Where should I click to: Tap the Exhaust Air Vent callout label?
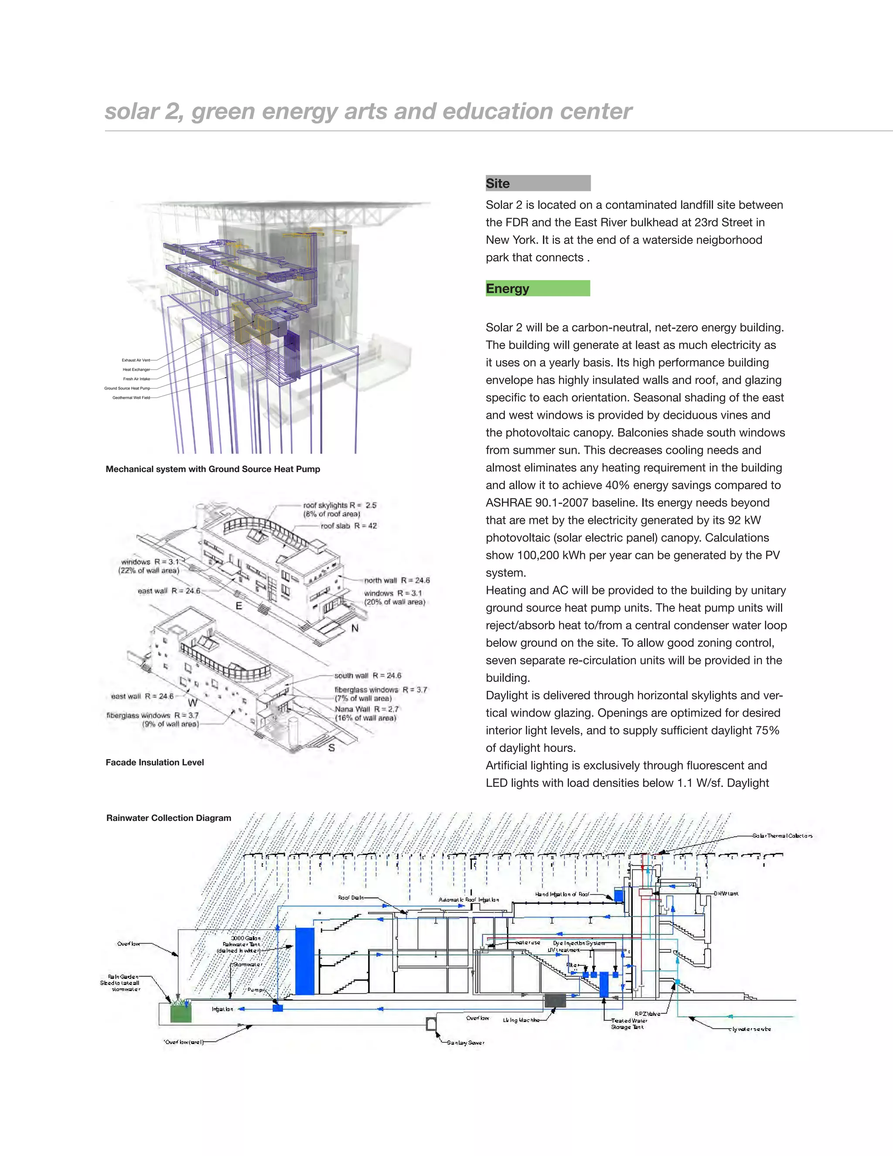tap(136, 360)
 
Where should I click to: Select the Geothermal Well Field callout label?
tap(131, 397)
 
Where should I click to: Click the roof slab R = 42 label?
tap(349, 526)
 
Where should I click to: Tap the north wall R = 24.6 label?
tap(397, 580)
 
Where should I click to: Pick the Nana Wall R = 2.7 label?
tap(367, 709)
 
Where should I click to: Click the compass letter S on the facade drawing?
tap(332, 747)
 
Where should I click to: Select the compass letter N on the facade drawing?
tap(355, 628)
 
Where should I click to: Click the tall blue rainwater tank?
tap(304, 961)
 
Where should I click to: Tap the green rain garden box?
tap(181, 1014)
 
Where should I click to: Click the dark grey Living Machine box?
tap(555, 1000)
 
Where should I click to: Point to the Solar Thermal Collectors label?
tap(782, 836)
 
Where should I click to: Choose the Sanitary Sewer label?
tap(466, 1042)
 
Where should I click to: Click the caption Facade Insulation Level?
tap(154, 762)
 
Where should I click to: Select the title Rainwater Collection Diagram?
tap(169, 818)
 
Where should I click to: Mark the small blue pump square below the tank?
tap(278, 1008)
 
